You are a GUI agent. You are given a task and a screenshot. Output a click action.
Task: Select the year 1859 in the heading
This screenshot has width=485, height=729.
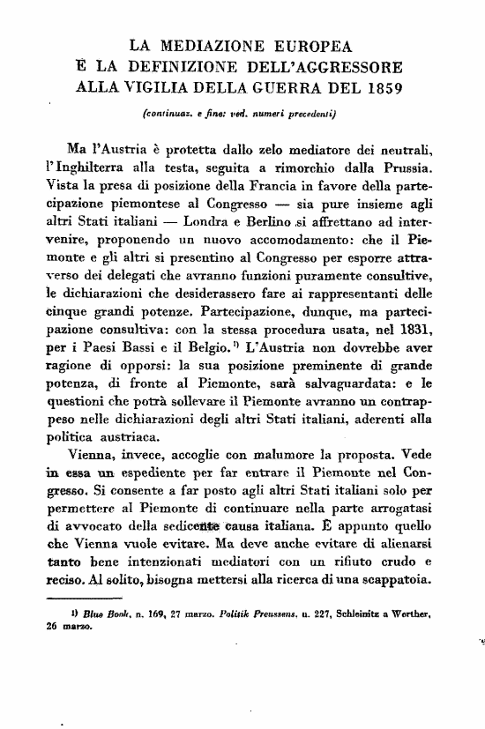377,87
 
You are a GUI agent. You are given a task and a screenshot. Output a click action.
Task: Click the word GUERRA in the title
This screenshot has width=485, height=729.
286,87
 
